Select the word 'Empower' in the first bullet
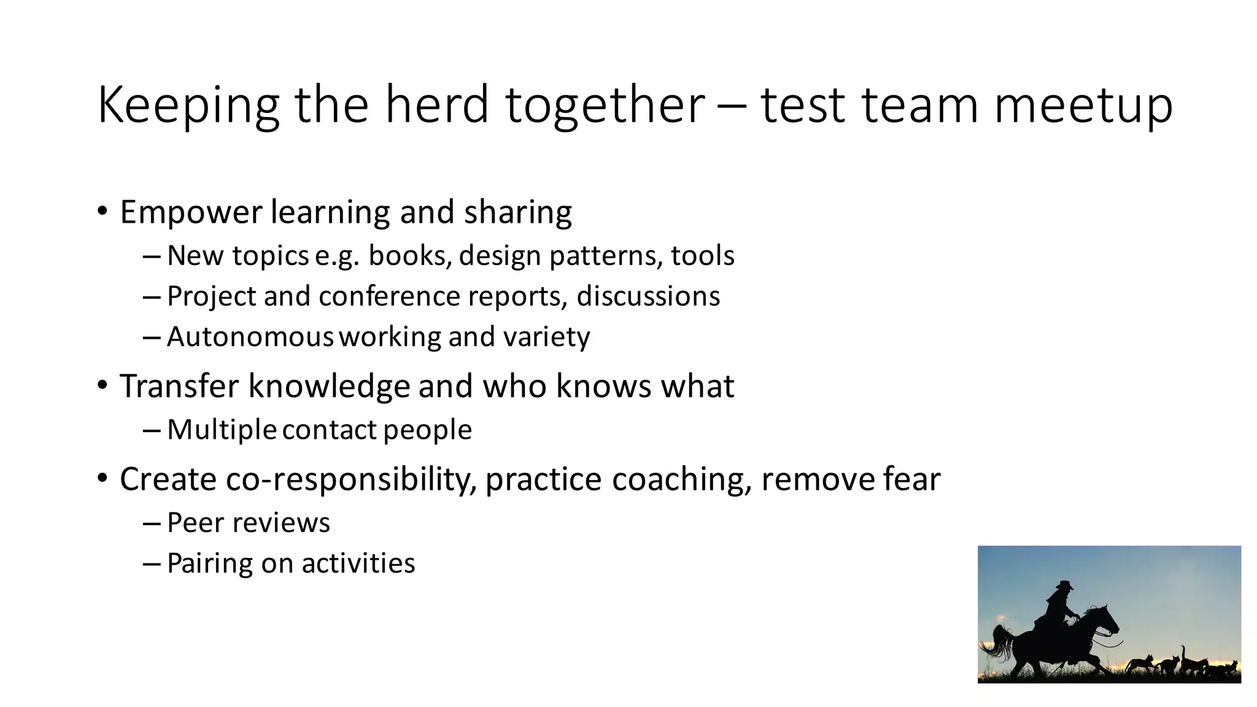191,212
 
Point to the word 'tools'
702,255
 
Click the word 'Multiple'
222,430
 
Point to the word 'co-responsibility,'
350,479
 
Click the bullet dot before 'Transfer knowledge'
102,385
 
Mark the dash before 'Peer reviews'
152,523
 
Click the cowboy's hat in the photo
1064,585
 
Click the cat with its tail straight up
1191,663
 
